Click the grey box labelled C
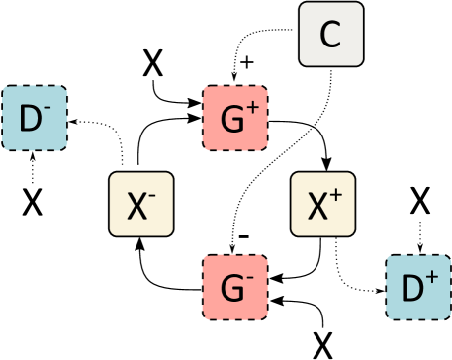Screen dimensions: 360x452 click(x=331, y=35)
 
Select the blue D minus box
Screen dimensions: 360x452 click(x=35, y=119)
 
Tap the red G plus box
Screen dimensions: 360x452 click(x=234, y=119)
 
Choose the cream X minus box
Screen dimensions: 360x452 click(x=141, y=204)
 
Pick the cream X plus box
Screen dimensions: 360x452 click(x=322, y=204)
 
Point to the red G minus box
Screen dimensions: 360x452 click(x=234, y=288)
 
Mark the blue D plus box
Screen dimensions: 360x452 click(x=416, y=288)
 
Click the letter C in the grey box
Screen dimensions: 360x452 click(x=330, y=36)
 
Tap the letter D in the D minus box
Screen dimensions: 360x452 click(x=30, y=121)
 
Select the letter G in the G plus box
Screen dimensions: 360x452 click(x=230, y=121)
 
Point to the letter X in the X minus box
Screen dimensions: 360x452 click(x=136, y=207)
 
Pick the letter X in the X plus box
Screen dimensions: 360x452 click(x=317, y=207)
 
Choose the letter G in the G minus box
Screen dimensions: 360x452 click(x=230, y=290)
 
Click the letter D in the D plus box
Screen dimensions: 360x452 click(x=411, y=290)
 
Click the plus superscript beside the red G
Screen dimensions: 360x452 click(x=252, y=109)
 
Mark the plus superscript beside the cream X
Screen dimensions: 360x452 click(x=336, y=195)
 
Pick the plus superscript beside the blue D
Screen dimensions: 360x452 click(x=432, y=279)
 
